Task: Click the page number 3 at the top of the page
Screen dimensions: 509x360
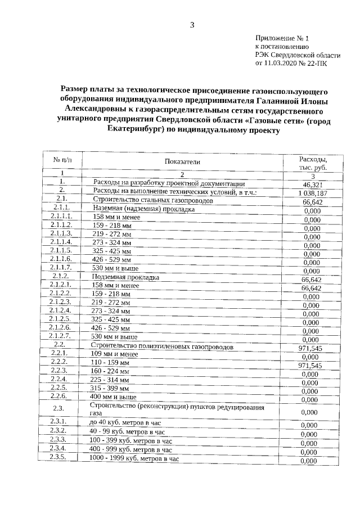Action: coord(192,24)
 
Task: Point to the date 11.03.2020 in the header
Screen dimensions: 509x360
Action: coord(281,64)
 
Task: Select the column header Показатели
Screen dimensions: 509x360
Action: coord(182,161)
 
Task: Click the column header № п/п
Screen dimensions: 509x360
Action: coord(61,160)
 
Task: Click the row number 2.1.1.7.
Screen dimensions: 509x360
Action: coord(61,268)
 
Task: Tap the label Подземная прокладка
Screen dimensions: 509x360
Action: coord(127,277)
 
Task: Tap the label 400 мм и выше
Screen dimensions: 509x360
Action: coord(114,398)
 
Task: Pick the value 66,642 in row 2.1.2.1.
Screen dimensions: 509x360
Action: coord(312,288)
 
